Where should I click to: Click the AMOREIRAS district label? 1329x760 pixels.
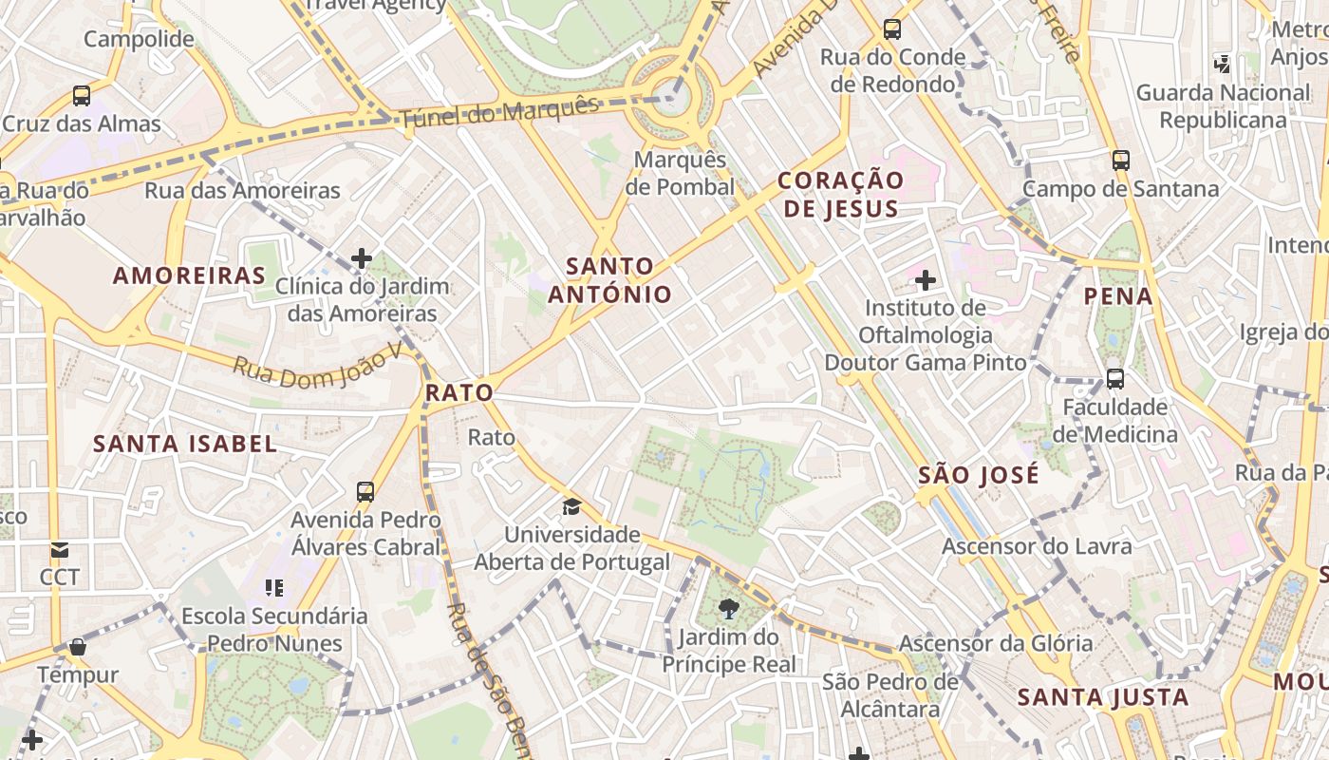189,276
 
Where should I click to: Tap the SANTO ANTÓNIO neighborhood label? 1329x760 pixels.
609,280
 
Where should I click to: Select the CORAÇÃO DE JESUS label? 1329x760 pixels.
840,195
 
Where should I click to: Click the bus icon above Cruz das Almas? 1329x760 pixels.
82,95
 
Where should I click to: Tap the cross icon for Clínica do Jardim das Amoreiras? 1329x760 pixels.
361,257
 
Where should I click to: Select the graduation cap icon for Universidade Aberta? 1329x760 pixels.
571,506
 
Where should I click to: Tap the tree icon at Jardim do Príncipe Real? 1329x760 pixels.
729,609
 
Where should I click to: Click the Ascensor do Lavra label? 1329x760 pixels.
1037,546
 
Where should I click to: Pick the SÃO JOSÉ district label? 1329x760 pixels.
979,475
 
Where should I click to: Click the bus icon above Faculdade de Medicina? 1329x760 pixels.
1115,379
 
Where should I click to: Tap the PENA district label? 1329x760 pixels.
1118,296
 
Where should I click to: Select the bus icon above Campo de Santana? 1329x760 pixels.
1121,160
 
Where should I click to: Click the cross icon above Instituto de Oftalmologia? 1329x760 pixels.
925,280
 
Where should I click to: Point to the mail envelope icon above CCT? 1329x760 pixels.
60,549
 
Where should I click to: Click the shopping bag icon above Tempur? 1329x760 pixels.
78,647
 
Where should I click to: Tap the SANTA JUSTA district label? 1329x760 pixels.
1103,698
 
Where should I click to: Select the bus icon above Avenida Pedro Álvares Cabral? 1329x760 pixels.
365,491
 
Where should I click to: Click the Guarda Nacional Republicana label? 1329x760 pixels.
1223,106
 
